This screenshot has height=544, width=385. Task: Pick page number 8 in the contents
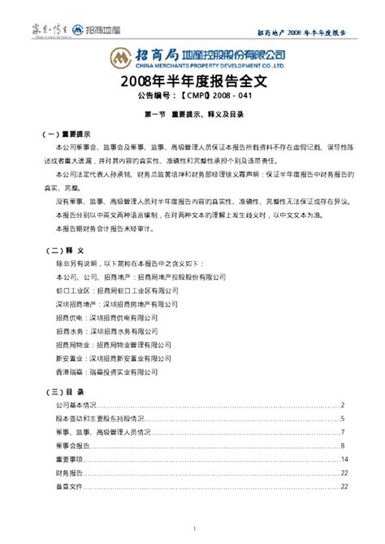coord(344,446)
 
